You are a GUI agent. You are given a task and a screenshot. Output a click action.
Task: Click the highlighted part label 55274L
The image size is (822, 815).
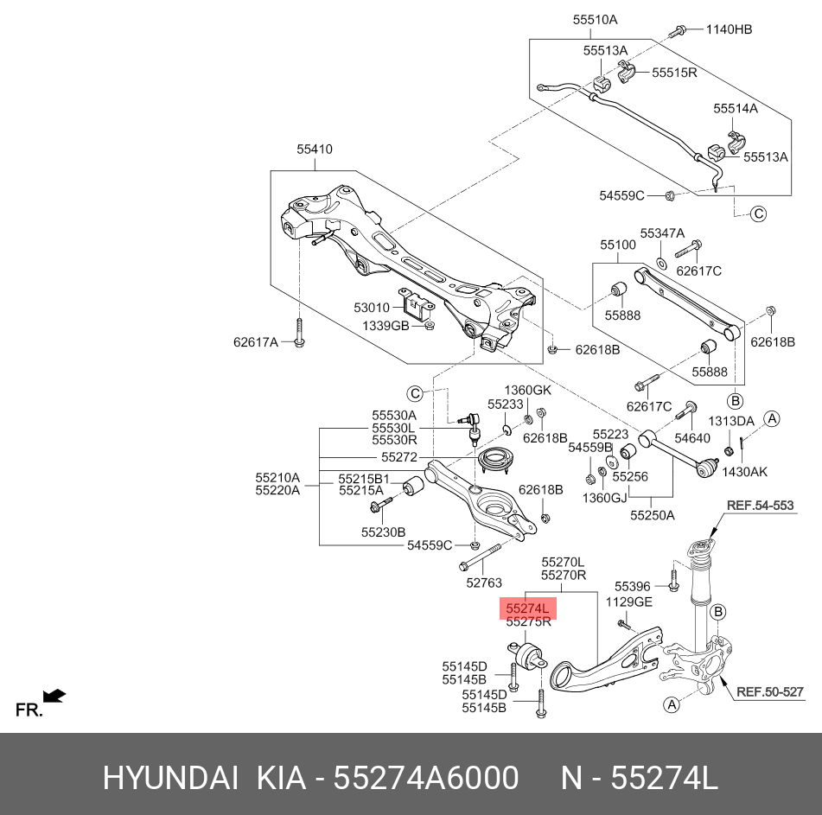point(527,608)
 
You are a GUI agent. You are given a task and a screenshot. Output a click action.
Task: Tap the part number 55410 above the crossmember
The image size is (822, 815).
point(315,150)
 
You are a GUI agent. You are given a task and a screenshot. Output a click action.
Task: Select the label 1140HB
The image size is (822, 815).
point(729,29)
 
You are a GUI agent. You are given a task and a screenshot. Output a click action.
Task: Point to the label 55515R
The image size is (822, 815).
point(674,73)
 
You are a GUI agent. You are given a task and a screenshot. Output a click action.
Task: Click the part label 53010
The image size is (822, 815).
point(372,308)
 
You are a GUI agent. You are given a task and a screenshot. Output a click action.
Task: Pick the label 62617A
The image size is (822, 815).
point(256,342)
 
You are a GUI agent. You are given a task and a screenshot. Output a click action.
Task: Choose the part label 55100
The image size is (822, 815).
point(618,245)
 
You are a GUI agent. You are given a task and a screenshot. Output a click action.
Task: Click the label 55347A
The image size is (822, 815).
point(663,233)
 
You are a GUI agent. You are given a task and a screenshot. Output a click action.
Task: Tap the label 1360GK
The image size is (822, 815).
point(528,390)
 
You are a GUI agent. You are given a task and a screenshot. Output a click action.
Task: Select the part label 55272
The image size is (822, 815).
point(399,457)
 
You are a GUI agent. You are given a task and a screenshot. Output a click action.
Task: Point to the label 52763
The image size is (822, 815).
point(484,583)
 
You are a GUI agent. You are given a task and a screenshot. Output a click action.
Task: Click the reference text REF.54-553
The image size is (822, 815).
point(760,506)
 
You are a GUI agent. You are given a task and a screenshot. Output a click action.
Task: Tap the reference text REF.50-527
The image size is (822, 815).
point(770,691)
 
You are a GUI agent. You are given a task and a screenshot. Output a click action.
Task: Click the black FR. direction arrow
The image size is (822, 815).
point(54,696)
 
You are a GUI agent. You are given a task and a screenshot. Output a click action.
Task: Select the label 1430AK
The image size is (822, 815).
point(744,472)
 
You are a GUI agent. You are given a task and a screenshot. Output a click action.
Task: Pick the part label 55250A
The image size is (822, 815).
point(653,515)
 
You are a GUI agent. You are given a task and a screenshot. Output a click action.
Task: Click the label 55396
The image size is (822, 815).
point(632,587)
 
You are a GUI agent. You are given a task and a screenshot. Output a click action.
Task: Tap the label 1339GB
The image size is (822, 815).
point(386,326)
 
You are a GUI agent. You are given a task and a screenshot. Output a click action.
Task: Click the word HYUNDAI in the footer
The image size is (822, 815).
point(170,778)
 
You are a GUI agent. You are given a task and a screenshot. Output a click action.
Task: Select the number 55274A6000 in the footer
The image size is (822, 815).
point(426,778)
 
